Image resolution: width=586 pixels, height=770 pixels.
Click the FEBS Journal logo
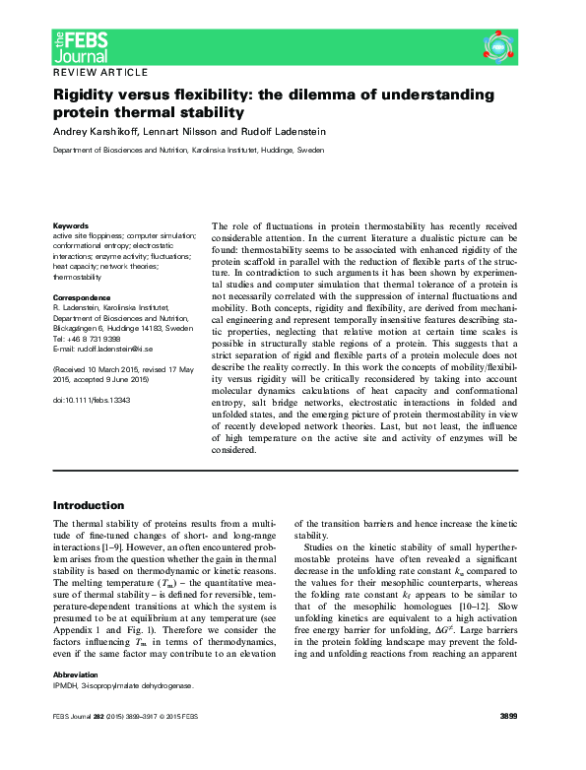click(x=81, y=43)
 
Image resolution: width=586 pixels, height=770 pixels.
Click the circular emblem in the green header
click(x=499, y=44)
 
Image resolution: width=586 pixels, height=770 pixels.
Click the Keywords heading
click(x=70, y=225)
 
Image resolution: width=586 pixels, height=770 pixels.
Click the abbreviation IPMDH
click(x=66, y=713)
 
